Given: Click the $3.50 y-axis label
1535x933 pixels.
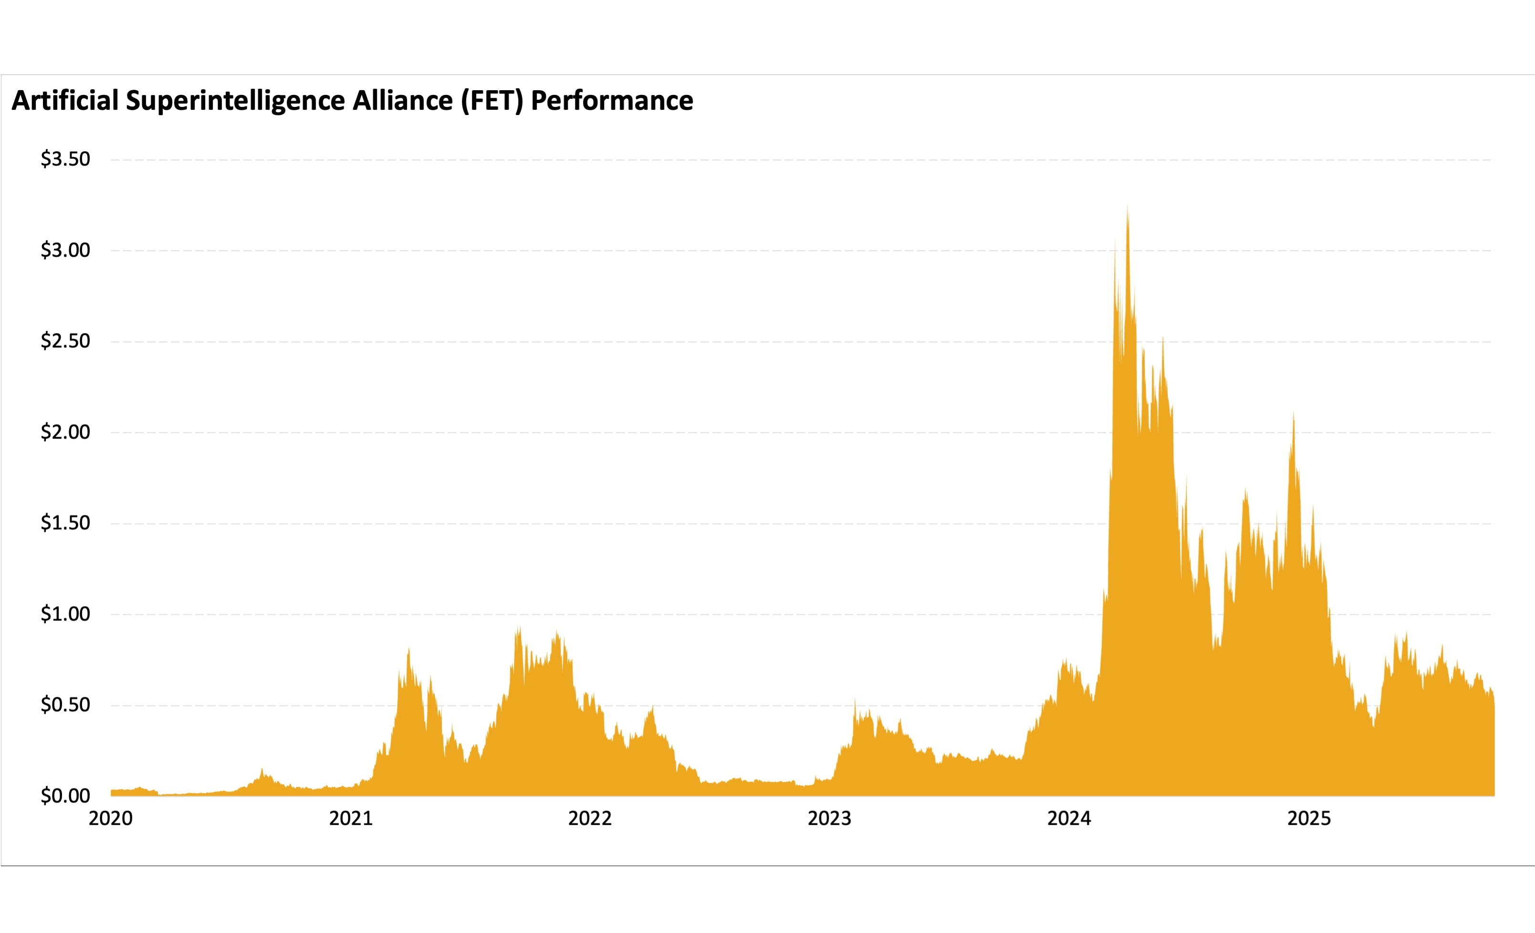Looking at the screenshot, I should click(x=65, y=159).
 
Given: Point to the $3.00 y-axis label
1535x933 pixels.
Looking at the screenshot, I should click(x=65, y=251).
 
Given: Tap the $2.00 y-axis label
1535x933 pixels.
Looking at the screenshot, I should click(x=65, y=432).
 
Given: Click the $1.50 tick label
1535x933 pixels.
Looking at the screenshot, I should click(x=65, y=523).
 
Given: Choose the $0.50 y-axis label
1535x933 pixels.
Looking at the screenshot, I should click(x=65, y=705).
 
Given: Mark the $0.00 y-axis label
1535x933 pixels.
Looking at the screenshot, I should click(x=65, y=796).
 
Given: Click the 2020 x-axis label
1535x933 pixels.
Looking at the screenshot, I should click(x=111, y=819).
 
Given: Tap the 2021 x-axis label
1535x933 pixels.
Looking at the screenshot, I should click(x=351, y=819).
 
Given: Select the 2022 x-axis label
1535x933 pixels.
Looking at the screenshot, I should click(x=590, y=819).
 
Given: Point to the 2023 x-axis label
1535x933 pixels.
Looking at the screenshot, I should click(x=829, y=819).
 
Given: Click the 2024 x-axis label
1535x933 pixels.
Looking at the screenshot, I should click(x=1069, y=819).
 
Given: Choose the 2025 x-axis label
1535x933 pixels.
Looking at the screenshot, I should click(x=1309, y=819).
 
